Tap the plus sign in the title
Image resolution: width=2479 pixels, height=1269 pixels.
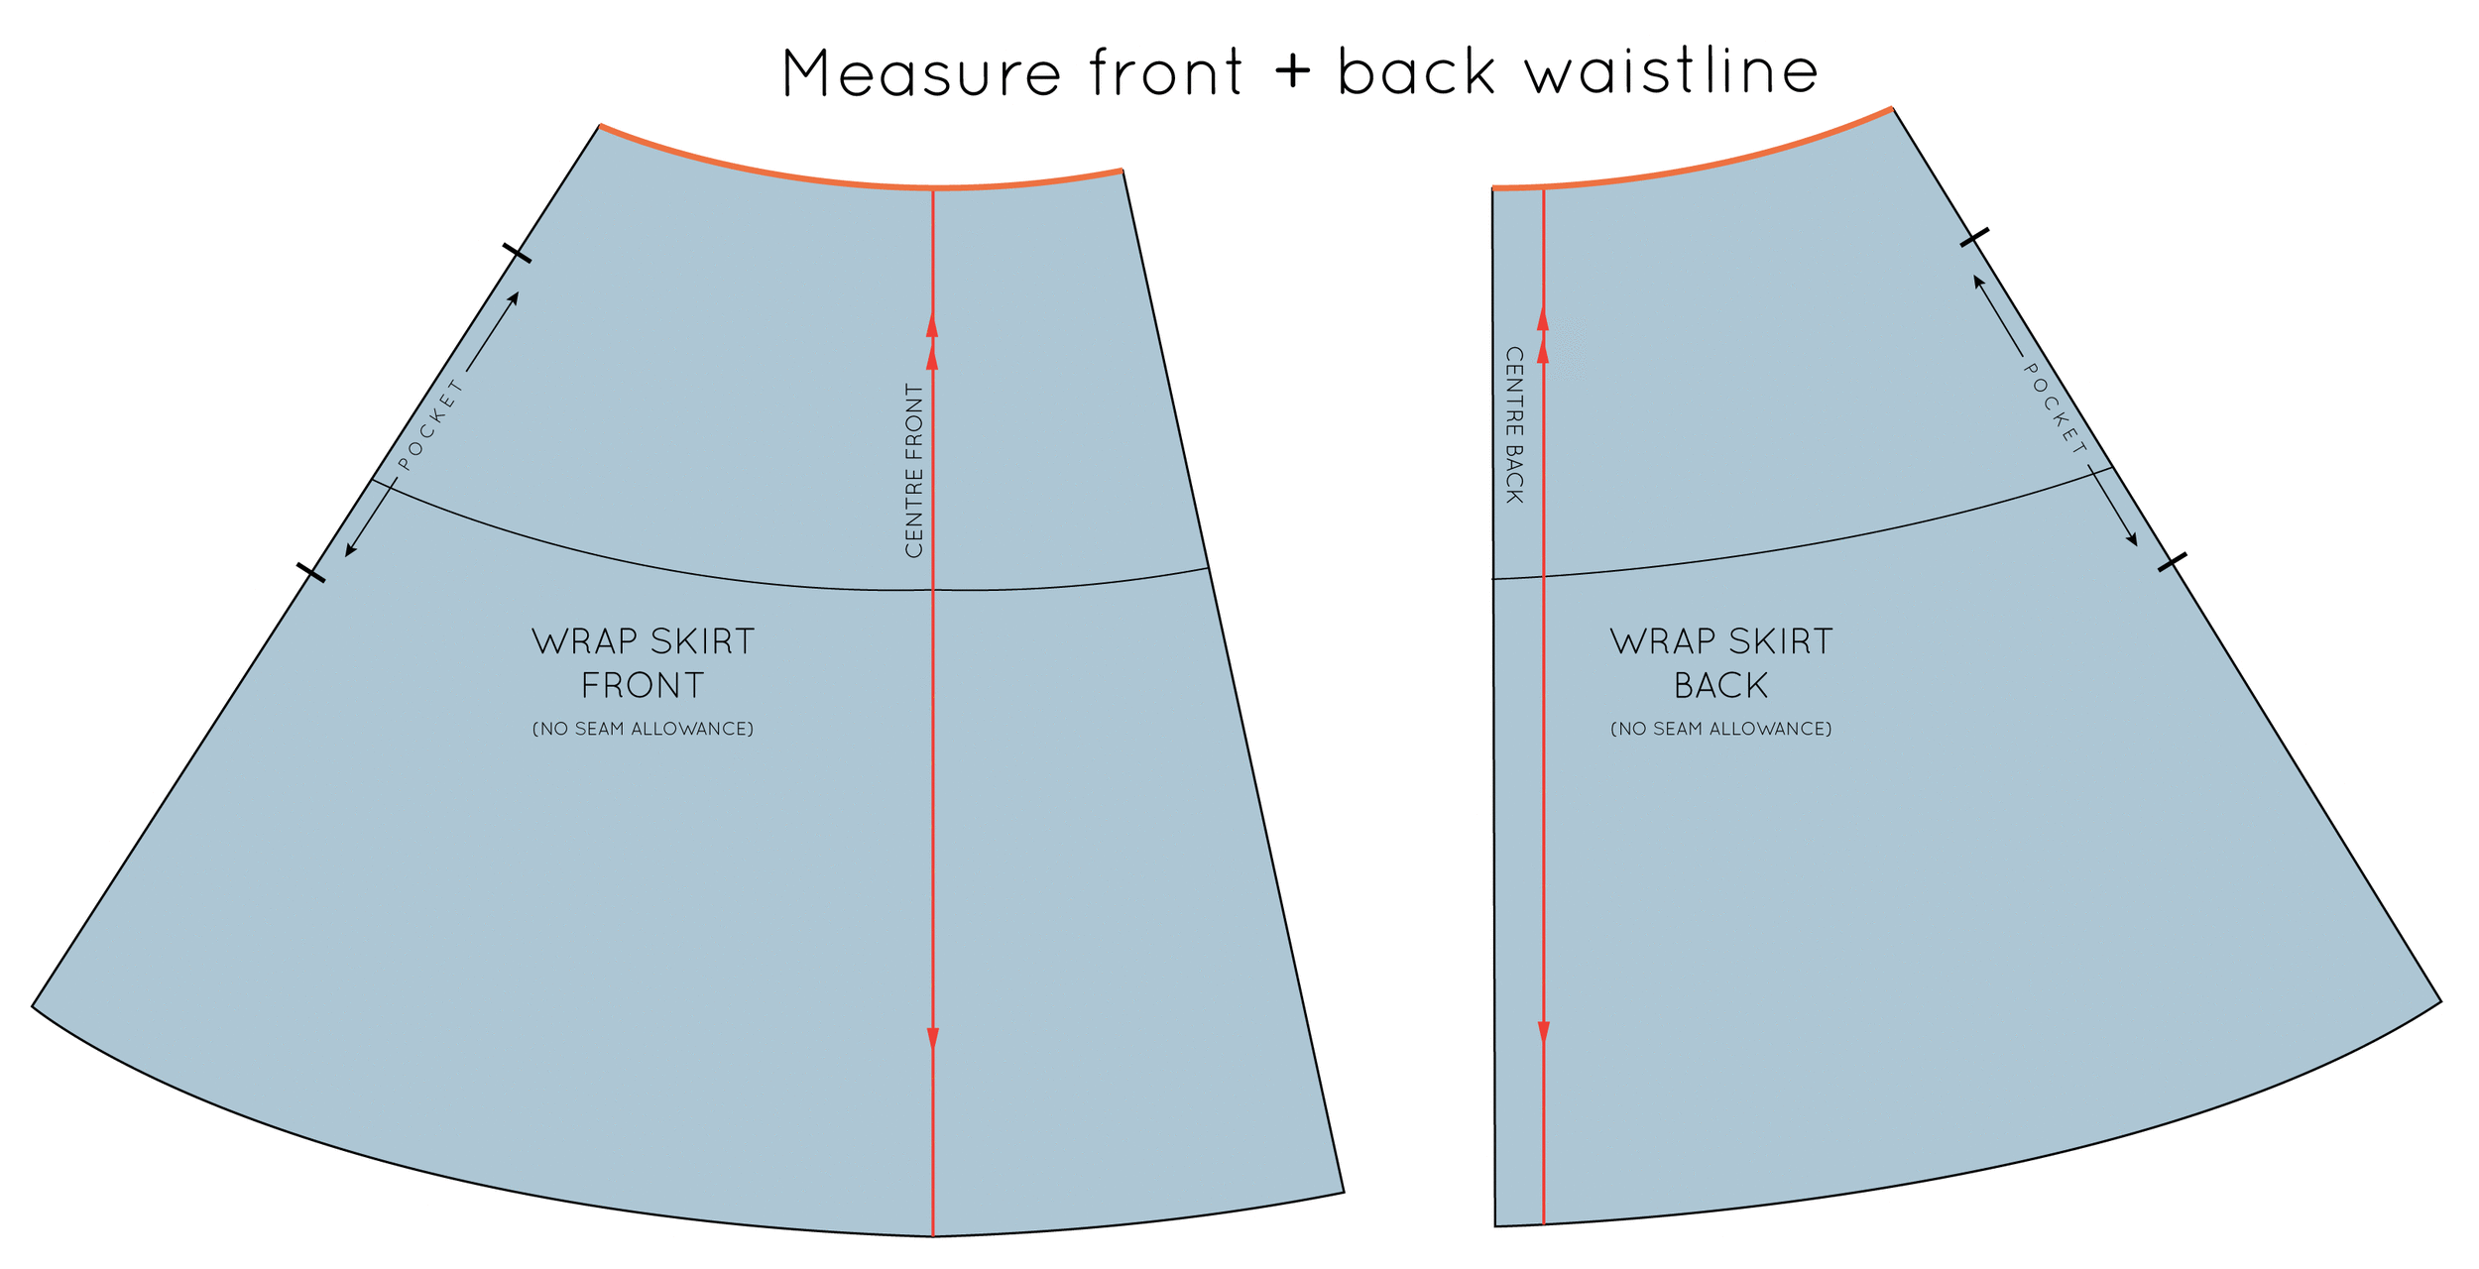(1292, 72)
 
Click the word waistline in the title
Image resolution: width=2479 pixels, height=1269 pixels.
(1671, 72)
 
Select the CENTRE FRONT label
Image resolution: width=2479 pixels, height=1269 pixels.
(914, 471)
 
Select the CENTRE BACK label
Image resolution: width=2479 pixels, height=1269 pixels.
(1514, 424)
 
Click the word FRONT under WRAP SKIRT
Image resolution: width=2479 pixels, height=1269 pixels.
(643, 686)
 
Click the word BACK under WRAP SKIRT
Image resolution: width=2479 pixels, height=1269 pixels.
(1720, 686)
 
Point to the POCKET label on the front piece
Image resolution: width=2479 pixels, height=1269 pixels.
(431, 424)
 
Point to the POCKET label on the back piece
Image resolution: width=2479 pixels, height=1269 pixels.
(2055, 408)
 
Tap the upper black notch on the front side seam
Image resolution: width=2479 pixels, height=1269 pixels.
(517, 253)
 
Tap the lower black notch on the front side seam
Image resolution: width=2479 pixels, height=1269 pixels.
(310, 572)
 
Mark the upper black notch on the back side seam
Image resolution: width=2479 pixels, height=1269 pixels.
(1974, 238)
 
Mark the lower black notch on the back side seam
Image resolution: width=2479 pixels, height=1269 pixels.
(2172, 562)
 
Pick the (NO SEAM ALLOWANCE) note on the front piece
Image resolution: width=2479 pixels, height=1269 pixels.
(643, 730)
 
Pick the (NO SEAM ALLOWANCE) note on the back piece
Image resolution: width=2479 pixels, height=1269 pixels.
(1720, 730)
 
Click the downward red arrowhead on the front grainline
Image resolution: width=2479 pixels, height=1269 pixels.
(933, 1038)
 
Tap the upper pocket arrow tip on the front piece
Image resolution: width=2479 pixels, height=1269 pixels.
(516, 295)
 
